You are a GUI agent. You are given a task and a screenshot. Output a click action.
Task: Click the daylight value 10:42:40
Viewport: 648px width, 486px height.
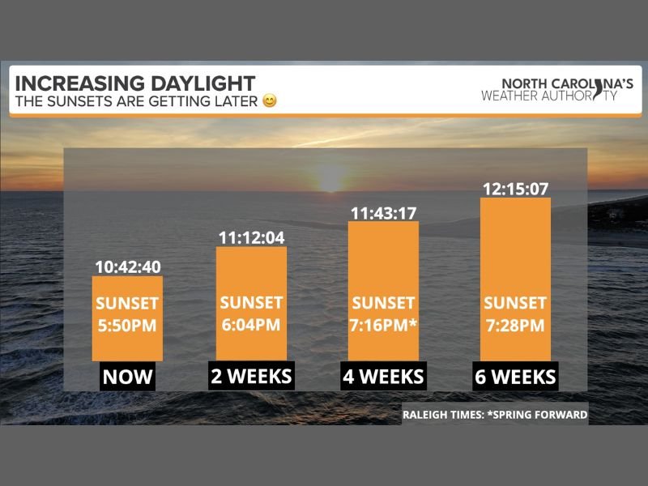[127, 266]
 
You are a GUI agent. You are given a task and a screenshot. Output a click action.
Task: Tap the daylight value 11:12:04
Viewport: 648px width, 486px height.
[251, 237]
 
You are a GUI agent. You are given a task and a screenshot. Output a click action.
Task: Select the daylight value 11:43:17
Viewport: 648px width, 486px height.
[383, 213]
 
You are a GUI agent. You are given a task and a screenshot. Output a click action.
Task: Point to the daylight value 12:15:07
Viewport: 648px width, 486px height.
[515, 189]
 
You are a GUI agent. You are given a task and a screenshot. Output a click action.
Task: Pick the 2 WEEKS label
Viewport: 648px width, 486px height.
[251, 376]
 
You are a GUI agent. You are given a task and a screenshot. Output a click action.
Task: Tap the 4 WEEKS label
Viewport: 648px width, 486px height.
[383, 377]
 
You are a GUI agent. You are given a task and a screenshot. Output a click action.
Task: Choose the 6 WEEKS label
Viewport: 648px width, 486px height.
[515, 377]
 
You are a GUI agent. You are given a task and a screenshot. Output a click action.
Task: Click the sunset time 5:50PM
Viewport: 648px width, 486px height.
[127, 326]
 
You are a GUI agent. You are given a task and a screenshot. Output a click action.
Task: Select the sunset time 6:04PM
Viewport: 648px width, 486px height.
[251, 325]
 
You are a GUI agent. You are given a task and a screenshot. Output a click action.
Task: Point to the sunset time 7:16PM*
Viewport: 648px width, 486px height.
[383, 326]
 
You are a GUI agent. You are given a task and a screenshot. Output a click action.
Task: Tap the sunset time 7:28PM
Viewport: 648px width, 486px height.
[515, 326]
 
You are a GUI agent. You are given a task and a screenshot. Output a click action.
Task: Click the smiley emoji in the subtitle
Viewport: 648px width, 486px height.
[270, 102]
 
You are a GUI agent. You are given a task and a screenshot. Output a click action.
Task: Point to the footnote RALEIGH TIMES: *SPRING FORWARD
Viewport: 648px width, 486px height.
[494, 416]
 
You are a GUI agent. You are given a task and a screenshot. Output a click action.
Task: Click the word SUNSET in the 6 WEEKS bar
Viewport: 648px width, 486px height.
[515, 304]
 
